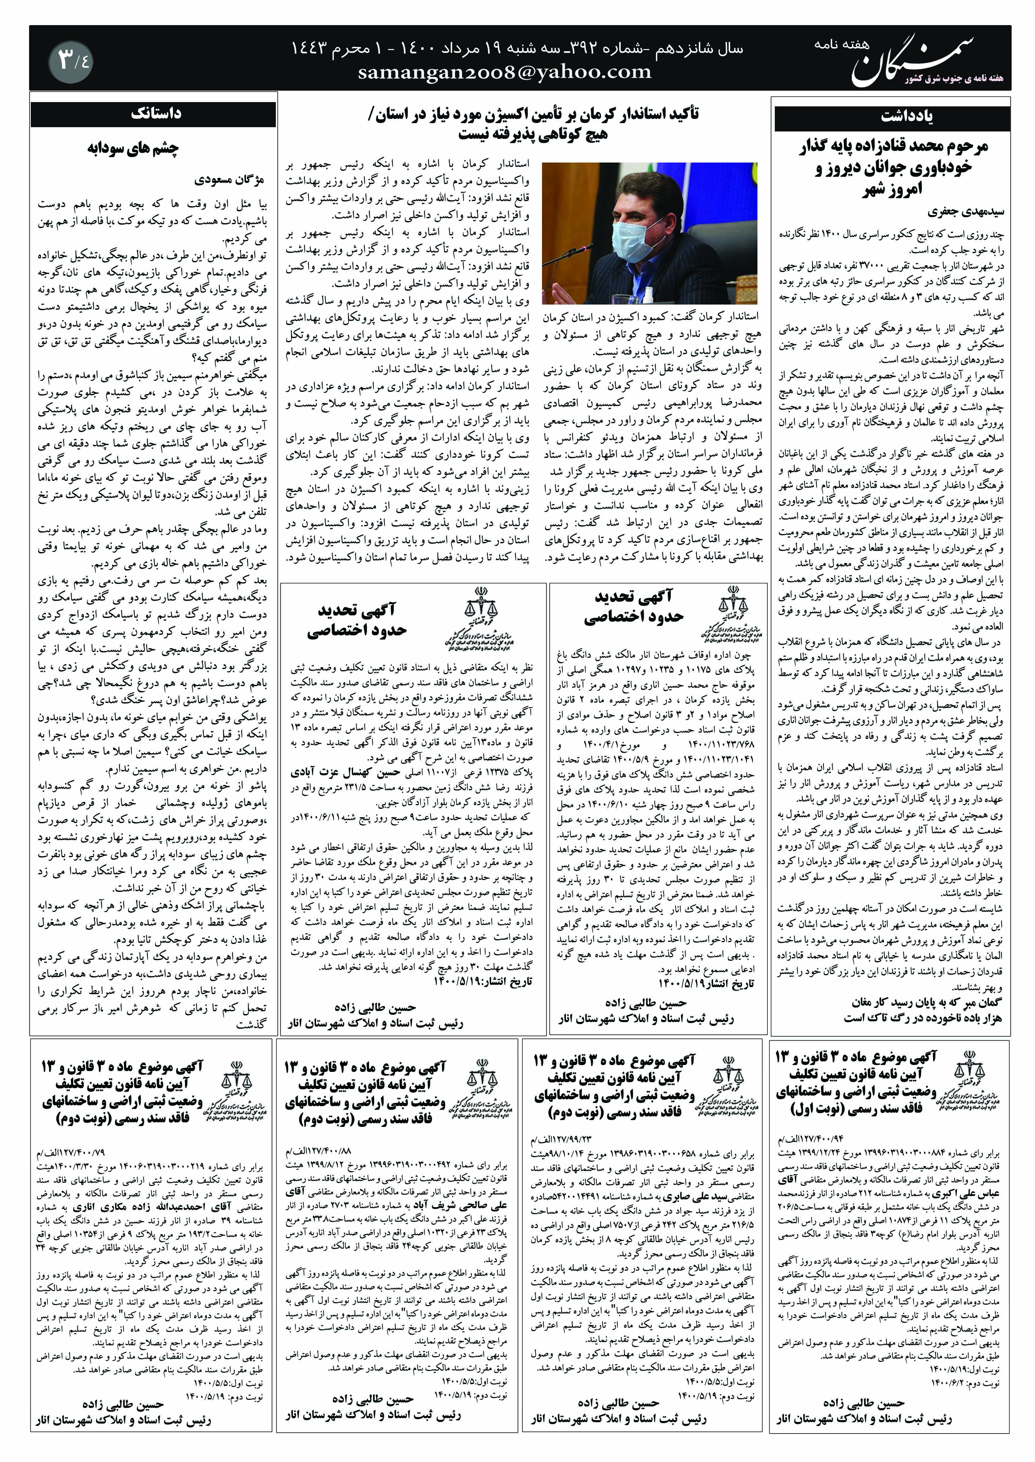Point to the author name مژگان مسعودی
230,181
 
